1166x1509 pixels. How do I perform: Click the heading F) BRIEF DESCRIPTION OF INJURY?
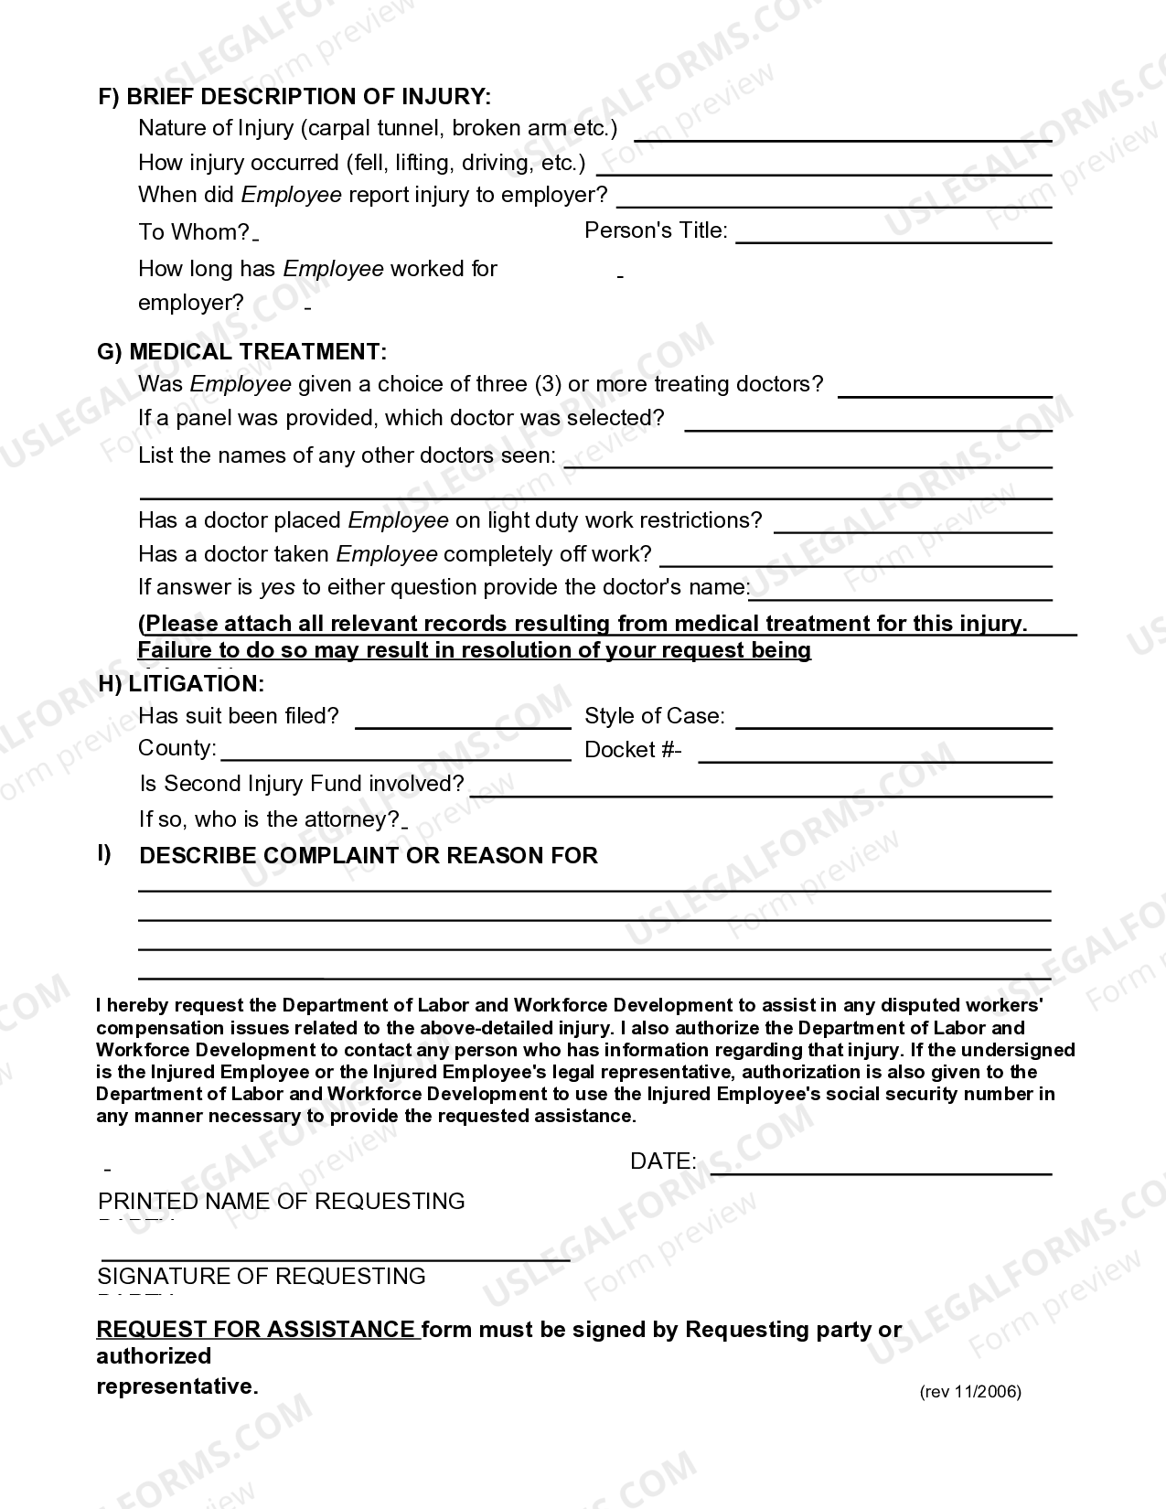click(294, 97)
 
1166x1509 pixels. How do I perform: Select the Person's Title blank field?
click(893, 236)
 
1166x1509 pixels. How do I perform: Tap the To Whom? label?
click(194, 232)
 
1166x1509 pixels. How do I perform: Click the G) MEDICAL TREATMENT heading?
click(241, 352)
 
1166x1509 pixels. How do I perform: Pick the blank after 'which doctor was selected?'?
click(868, 423)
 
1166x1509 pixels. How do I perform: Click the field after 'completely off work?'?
click(855, 559)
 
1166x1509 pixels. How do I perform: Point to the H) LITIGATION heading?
click(181, 683)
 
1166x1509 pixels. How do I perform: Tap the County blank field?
click(396, 754)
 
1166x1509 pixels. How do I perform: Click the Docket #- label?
click(633, 750)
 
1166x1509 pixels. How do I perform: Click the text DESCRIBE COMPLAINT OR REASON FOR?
click(368, 856)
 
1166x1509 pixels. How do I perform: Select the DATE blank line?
click(881, 1167)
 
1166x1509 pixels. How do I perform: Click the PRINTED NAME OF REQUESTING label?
click(281, 1202)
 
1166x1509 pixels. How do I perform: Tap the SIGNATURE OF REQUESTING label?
click(262, 1277)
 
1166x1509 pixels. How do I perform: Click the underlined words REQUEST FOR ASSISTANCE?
click(256, 1330)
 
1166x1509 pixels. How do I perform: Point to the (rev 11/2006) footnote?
click(970, 1392)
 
